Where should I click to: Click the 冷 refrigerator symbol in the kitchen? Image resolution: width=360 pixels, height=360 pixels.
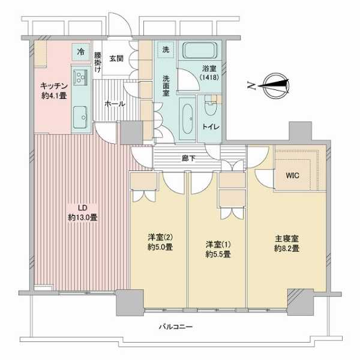pos(80,52)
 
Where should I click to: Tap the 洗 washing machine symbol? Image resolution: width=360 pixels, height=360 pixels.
pos(166,50)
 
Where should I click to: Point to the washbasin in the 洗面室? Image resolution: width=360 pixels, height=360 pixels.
pos(188,118)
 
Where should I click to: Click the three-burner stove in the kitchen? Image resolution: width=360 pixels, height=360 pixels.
pos(80,76)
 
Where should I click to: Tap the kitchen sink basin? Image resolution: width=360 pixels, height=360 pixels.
pos(80,117)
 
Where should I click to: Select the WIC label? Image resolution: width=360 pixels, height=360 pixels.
pos(292,176)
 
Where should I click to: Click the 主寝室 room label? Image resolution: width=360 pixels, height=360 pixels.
pos(287,239)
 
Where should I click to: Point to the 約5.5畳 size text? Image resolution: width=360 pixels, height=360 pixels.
pos(218,254)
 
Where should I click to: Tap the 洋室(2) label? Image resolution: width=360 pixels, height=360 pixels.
pos(160,236)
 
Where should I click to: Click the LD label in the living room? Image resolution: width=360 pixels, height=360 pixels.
pos(82,208)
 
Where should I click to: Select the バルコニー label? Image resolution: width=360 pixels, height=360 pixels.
pos(176,326)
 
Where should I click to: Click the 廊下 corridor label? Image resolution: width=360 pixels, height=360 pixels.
pos(188,158)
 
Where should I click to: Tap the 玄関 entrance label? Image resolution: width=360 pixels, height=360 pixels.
pos(116,59)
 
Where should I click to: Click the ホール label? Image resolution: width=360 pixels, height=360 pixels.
pos(115,104)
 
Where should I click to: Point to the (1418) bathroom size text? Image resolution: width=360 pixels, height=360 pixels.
pos(209,77)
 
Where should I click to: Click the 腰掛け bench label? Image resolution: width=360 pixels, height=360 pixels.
pos(98,62)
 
